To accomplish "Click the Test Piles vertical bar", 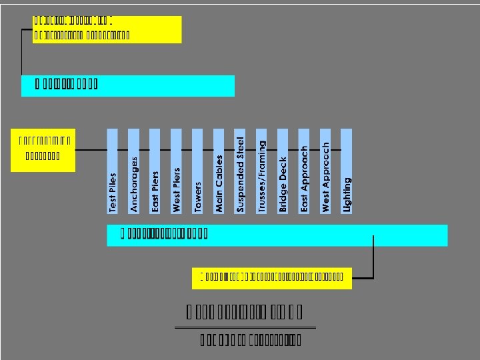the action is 113,171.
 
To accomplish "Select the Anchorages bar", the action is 133,171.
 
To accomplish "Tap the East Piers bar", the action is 155,171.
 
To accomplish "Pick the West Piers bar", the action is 176,171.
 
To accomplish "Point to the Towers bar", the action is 197,171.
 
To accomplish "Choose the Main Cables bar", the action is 219,171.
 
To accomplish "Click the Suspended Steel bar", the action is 240,171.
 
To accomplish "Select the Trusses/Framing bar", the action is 261,171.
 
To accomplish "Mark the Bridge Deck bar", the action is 283,171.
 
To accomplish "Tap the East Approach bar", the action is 304,171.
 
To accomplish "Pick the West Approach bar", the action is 325,171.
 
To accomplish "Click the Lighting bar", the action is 347,171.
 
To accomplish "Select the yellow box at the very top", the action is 107,29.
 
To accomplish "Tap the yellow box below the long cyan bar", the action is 272,277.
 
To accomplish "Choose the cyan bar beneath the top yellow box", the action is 128,85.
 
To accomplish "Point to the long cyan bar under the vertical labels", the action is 277,235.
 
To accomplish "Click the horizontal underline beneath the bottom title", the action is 245,327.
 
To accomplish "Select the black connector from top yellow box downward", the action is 22,53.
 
